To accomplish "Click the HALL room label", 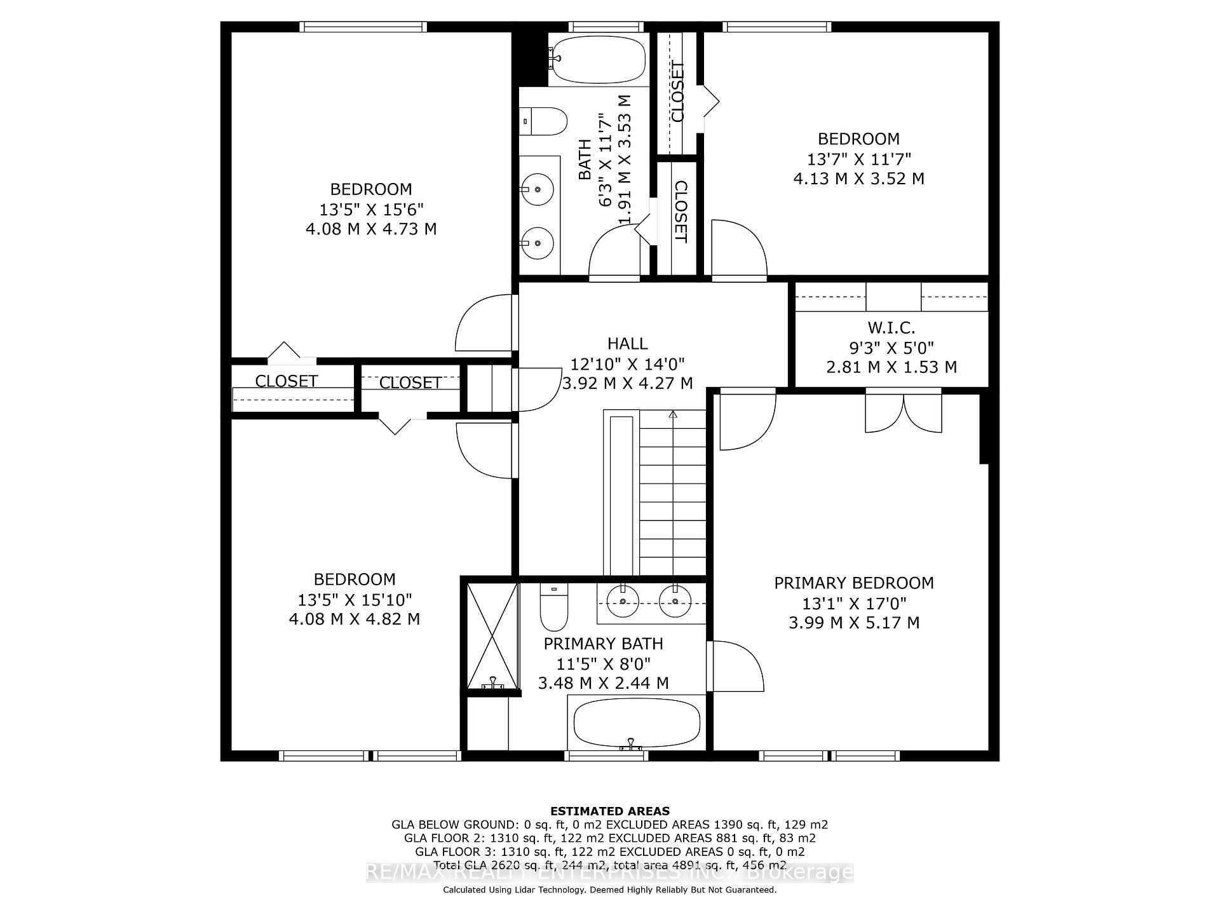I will click(x=627, y=344).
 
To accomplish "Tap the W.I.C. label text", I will click(x=891, y=328).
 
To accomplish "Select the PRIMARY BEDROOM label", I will click(x=853, y=583).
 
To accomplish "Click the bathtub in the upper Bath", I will click(x=597, y=58).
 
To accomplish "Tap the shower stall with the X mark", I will click(x=493, y=635).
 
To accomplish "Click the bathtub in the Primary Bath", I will click(x=637, y=723).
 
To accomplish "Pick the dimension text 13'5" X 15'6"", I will click(x=371, y=209).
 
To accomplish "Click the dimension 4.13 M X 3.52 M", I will click(x=858, y=179).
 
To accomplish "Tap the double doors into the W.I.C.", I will click(x=903, y=412).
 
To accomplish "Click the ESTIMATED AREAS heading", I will click(x=609, y=811).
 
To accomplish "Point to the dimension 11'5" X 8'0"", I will click(x=603, y=664).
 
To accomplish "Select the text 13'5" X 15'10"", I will click(x=355, y=599).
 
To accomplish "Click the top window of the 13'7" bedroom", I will click(x=776, y=27).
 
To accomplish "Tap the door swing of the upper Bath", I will click(x=613, y=254).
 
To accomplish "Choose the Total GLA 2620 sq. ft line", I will click(x=609, y=865).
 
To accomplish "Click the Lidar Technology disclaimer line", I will click(x=609, y=890).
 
